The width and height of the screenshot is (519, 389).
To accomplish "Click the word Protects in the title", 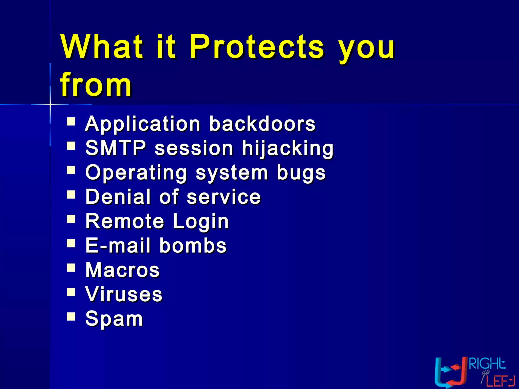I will pos(256,47).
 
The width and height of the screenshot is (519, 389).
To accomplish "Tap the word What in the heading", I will pos(102,47).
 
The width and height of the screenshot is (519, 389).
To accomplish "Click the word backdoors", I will pos(262,124).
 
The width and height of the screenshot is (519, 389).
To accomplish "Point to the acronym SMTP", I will pos(116,148).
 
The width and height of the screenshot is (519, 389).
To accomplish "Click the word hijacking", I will pos(288,148).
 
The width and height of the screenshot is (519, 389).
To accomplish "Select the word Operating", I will pos(136,173).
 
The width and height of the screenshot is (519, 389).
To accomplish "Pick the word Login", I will pos(201,221).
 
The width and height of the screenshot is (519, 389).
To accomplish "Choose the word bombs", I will pos(193,245).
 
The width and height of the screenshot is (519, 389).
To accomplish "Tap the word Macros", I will pos(122,270).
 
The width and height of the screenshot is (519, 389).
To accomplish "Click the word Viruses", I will pos(124,294).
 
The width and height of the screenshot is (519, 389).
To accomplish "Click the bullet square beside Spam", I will pos(71,316).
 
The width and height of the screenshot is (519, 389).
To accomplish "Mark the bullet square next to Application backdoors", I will pos(71,122).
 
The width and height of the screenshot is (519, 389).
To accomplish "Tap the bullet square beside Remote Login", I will pos(71,219).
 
